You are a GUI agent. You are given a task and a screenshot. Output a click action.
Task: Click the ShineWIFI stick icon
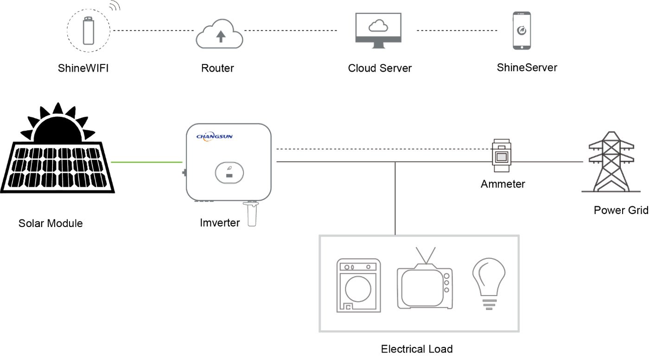[x=88, y=30]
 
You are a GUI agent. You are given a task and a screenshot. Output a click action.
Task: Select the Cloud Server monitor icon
[x=378, y=30]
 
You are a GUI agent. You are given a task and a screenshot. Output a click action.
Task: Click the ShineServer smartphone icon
[x=522, y=31]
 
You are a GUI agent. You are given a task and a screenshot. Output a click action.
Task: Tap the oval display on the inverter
[x=229, y=172]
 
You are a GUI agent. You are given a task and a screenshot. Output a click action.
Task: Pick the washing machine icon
[x=358, y=285]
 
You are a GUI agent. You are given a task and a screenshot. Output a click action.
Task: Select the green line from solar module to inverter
[x=146, y=162]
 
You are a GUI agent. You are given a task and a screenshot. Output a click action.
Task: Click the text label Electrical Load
[x=416, y=349]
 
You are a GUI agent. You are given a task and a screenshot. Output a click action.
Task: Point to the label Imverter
[x=220, y=223]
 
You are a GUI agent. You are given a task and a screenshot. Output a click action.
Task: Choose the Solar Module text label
[x=51, y=223]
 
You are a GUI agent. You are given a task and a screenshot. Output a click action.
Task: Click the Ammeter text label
[x=503, y=184]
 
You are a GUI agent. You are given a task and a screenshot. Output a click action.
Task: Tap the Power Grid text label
[x=621, y=210]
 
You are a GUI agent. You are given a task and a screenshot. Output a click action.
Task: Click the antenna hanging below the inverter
[x=252, y=215]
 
